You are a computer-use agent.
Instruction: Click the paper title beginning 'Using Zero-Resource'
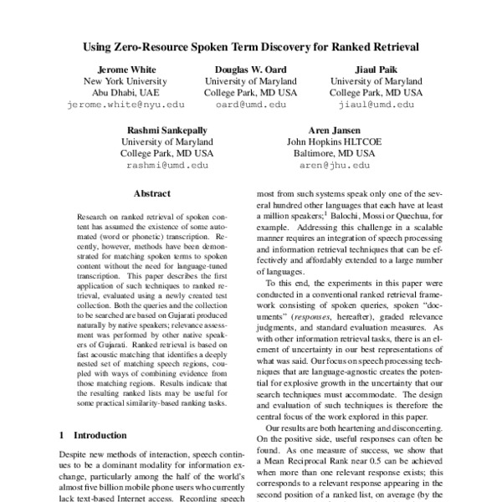click(251, 48)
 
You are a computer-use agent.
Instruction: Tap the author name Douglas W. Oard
click(251, 69)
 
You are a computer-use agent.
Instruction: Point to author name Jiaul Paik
click(375, 69)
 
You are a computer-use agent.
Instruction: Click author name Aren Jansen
click(333, 131)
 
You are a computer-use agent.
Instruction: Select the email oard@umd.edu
click(251, 105)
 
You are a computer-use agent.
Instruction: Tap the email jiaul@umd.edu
click(375, 105)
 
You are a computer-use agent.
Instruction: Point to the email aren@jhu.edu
click(333, 166)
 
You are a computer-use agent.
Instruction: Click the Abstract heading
click(152, 193)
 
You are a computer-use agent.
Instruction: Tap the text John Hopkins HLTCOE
click(333, 142)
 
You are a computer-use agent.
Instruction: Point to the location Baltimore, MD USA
click(333, 154)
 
